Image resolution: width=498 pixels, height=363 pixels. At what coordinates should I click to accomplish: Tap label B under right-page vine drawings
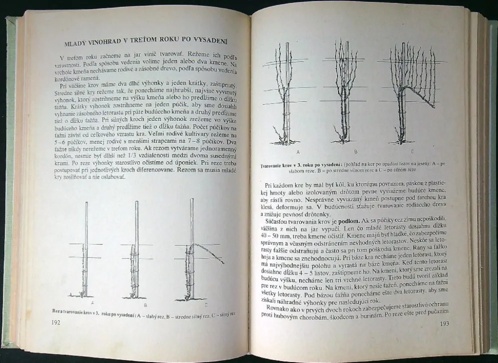point(356,151)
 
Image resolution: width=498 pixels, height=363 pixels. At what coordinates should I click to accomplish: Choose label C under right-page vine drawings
point(412,151)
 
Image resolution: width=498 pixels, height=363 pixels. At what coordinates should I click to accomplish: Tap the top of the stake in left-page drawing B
point(137,203)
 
